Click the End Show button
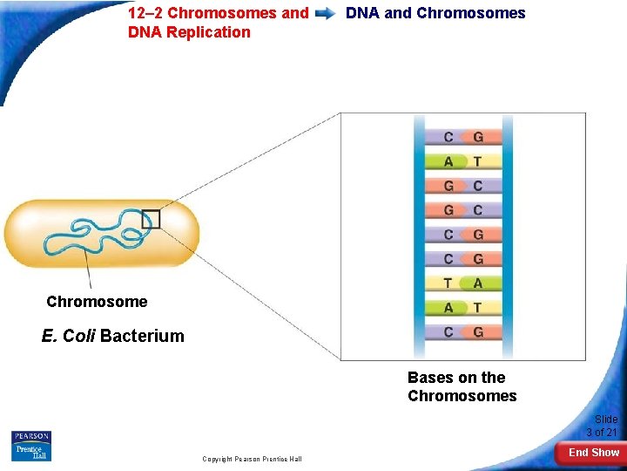pos(593,452)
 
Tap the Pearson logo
pos(31,436)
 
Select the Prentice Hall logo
pos(31,452)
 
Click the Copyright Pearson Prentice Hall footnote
pos(252,459)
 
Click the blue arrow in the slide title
pos(327,14)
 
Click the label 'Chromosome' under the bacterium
pos(97,302)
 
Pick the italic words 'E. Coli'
pos(69,336)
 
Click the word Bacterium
pos(142,336)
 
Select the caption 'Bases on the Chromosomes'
pos(462,386)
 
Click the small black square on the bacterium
pos(151,219)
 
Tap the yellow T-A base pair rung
pos(462,283)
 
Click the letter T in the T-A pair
pos(448,283)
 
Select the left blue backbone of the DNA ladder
pos(420,235)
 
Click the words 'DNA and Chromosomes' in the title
pos(435,13)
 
